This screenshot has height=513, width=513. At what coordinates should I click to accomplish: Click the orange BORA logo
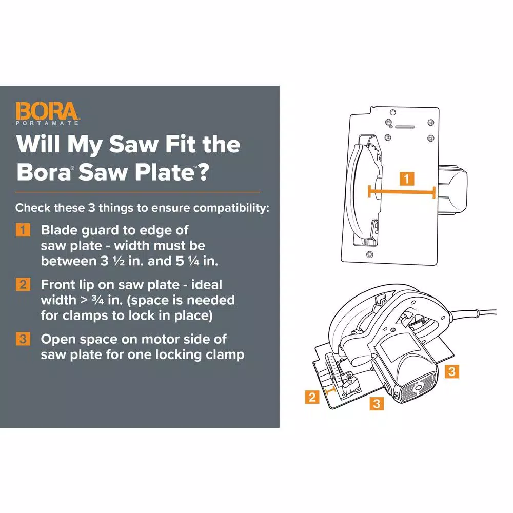point(47,111)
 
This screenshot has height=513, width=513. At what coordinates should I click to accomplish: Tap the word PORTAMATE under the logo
point(47,123)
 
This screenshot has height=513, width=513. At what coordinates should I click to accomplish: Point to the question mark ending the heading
point(202,172)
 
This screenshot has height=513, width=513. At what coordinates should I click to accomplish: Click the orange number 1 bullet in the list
point(23,230)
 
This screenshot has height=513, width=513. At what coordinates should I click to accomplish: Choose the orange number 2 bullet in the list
point(23,285)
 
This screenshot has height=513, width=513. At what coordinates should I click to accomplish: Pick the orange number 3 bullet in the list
point(23,340)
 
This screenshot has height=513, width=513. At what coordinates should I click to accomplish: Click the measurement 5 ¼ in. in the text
point(196,261)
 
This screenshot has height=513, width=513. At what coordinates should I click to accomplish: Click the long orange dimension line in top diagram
point(402,192)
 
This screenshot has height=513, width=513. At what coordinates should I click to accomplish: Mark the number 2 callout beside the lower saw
point(312,397)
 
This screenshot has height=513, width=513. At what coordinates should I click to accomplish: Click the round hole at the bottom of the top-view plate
point(369,255)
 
